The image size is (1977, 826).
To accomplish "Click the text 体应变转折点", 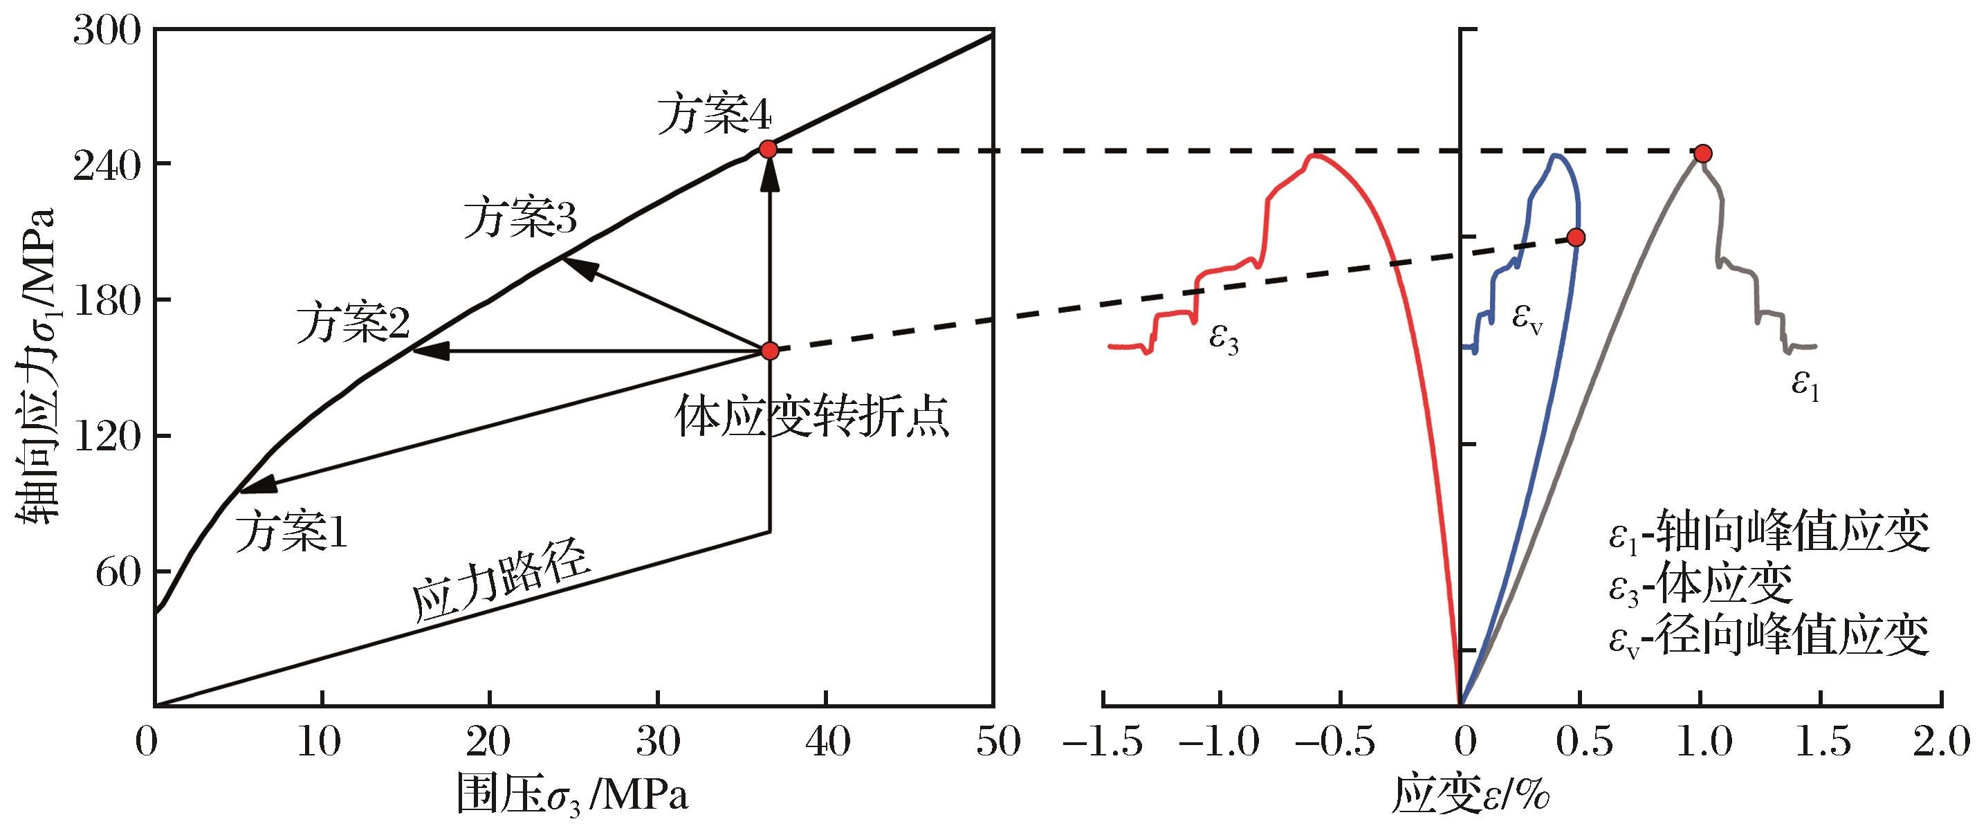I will [x=813, y=418].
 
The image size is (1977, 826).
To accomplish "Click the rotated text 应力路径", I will [x=503, y=594].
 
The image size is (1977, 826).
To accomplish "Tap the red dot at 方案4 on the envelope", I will [x=769, y=149].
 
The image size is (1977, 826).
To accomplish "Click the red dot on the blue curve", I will [x=1576, y=237].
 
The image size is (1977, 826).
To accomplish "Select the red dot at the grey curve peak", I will [x=1702, y=154].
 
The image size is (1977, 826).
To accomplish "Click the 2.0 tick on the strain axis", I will [x=1942, y=743].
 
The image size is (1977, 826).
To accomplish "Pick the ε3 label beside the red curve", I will [x=1223, y=338].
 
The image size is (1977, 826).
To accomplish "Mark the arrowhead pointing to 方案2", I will [x=427, y=351].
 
